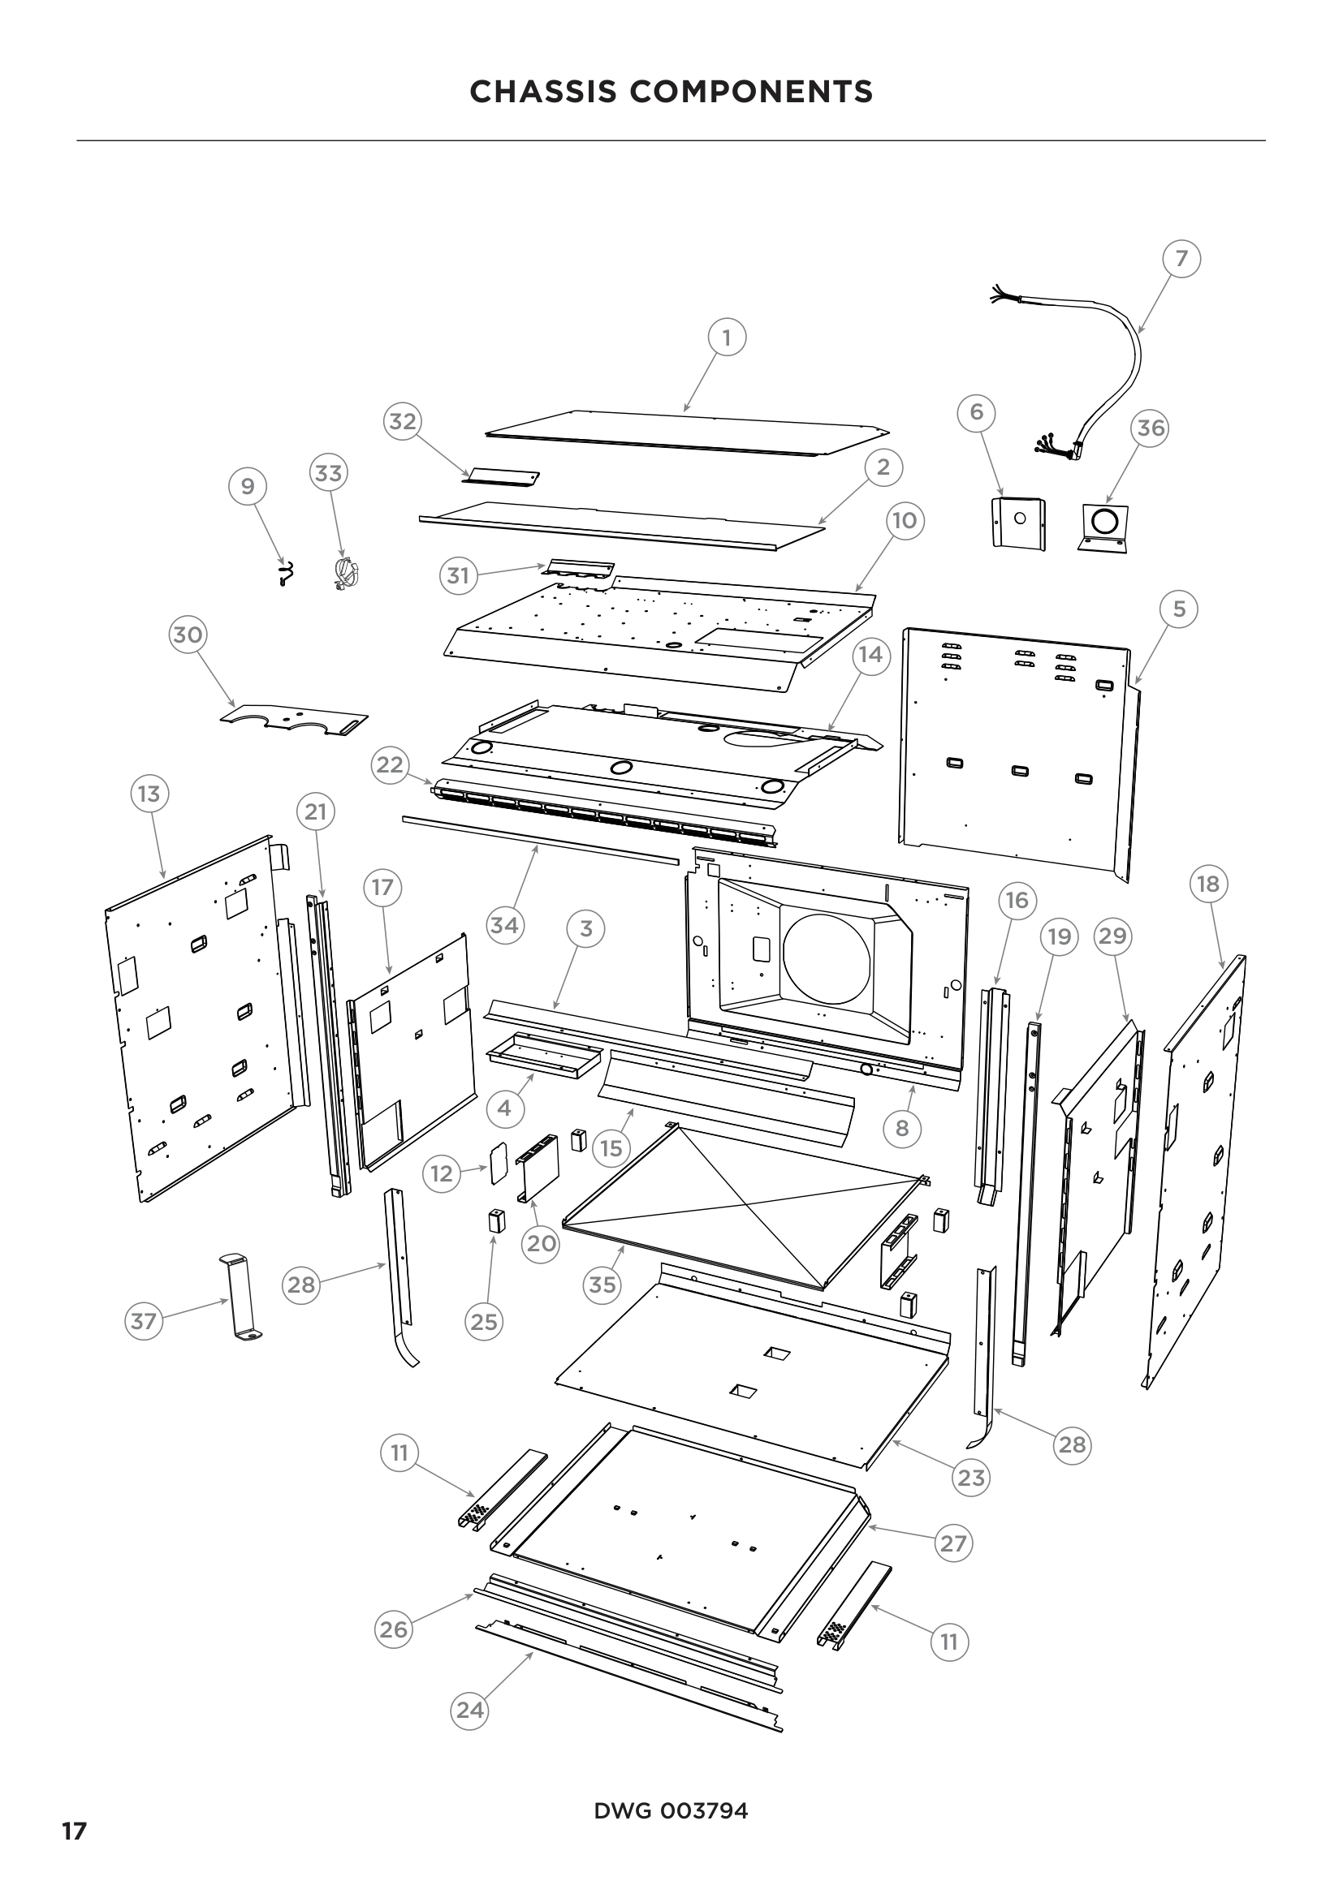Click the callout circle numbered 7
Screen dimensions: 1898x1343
click(x=1181, y=259)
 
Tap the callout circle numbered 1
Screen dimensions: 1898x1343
click(x=727, y=338)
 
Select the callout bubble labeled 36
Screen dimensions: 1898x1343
click(x=1151, y=428)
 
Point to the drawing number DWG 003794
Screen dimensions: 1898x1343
click(x=671, y=1810)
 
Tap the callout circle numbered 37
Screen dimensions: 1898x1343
click(x=144, y=1321)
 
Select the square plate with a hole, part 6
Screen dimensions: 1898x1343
click(x=1019, y=523)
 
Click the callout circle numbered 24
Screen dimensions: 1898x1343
click(x=469, y=1710)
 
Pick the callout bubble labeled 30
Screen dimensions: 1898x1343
click(x=188, y=635)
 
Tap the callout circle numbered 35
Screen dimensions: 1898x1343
click(x=602, y=1285)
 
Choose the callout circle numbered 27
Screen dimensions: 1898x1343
click(x=953, y=1543)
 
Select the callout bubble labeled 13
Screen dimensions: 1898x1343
click(x=149, y=794)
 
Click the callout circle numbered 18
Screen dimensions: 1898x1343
click(x=1208, y=884)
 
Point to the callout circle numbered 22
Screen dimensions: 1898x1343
click(x=390, y=764)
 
